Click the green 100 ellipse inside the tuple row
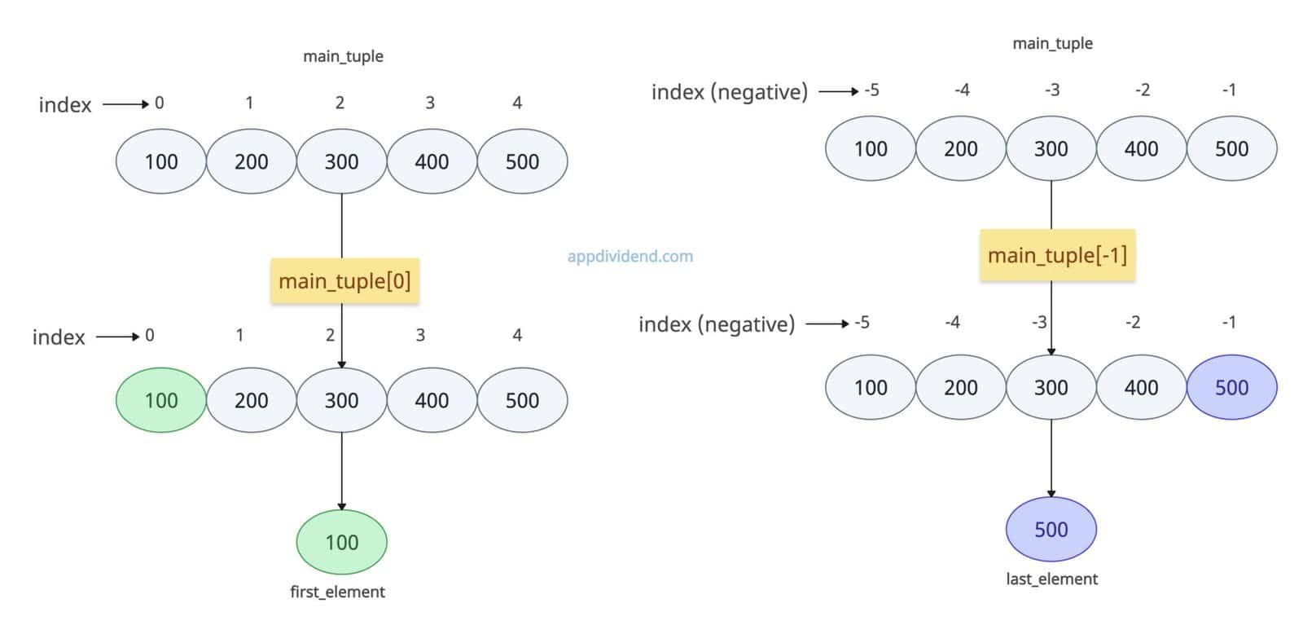click(x=161, y=400)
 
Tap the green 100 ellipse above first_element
click(x=341, y=542)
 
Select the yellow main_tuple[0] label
click(x=344, y=281)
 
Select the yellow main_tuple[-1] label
click(x=1057, y=255)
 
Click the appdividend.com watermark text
click(x=630, y=257)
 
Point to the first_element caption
click(x=337, y=592)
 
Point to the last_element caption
click(x=1051, y=579)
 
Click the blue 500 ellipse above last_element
click(x=1051, y=530)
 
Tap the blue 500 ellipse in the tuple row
click(x=1231, y=387)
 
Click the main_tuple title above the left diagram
click(x=343, y=56)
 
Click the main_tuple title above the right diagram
click(x=1052, y=43)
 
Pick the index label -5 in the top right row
click(x=871, y=90)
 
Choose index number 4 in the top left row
click(x=517, y=103)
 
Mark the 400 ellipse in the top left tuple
click(x=432, y=161)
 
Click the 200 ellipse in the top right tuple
click(x=961, y=148)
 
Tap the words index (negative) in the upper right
click(x=729, y=92)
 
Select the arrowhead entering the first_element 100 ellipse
click(x=341, y=506)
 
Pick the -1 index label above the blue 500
click(x=1229, y=322)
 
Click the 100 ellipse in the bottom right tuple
click(x=871, y=387)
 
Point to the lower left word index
click(x=59, y=337)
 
